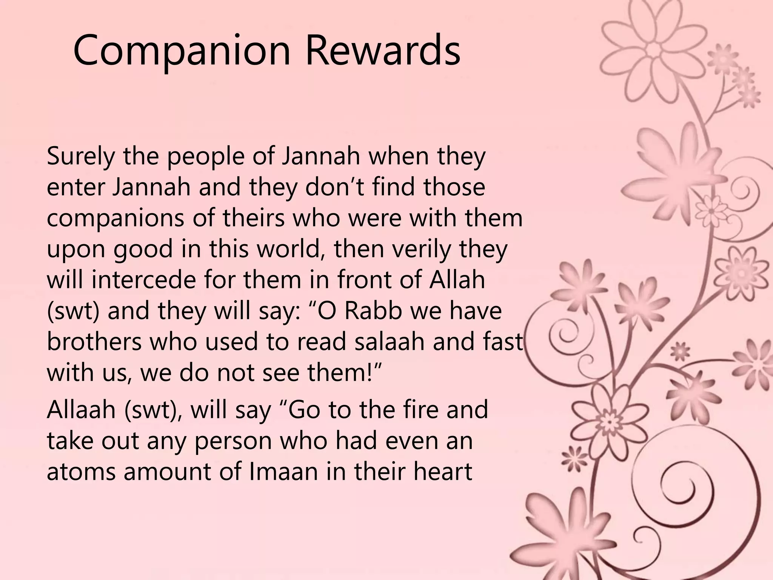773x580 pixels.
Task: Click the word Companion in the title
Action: tap(182, 51)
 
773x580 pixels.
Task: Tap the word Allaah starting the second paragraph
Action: tap(81, 410)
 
